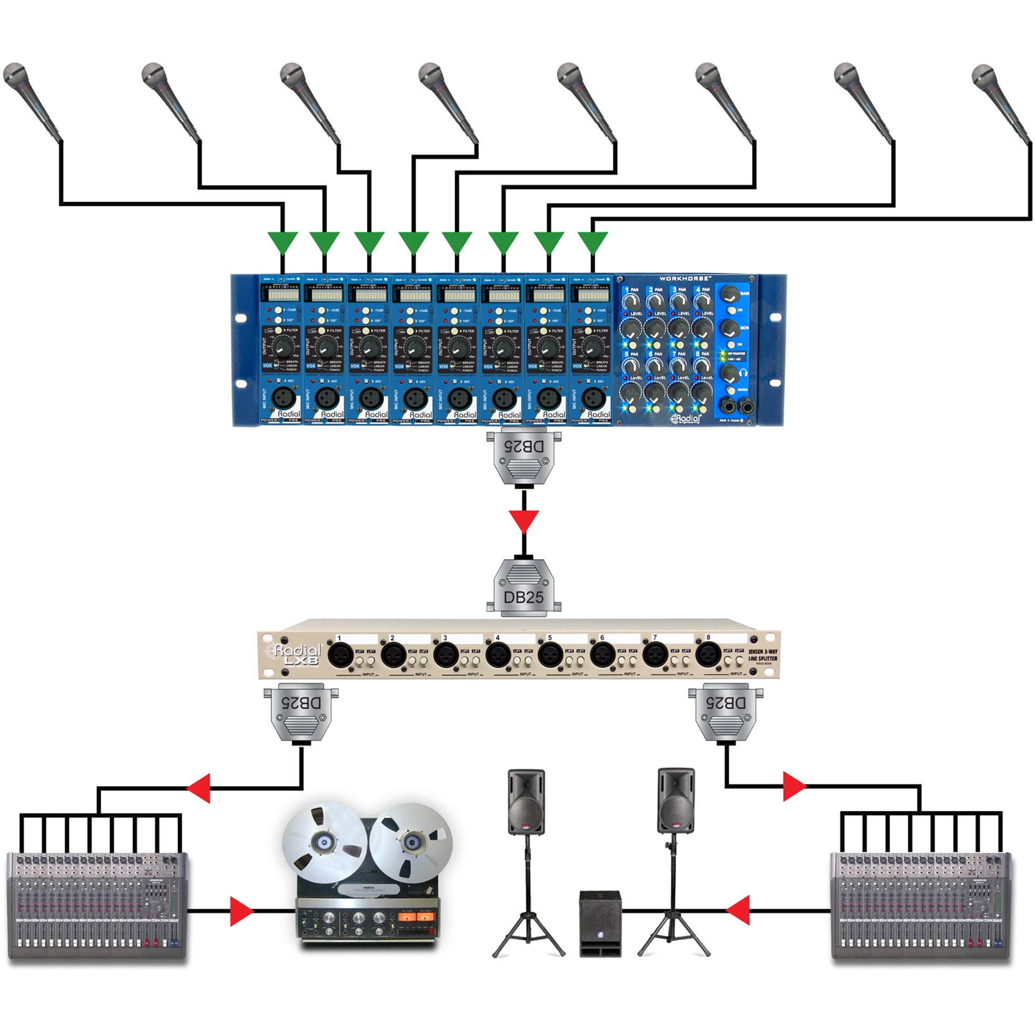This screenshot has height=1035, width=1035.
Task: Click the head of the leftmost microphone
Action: coord(15,75)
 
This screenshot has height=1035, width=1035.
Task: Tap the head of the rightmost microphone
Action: coord(983,76)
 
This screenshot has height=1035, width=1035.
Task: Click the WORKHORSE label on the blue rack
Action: coord(685,279)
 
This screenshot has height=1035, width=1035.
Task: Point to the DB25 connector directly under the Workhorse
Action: coord(523,456)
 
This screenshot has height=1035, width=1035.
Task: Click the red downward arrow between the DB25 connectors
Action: coord(523,521)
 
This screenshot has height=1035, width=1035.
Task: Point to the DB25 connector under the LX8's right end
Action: coord(726,713)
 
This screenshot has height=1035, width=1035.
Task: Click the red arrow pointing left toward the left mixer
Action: coord(199,789)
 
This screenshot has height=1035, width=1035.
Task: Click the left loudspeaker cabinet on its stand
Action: coord(526,802)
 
